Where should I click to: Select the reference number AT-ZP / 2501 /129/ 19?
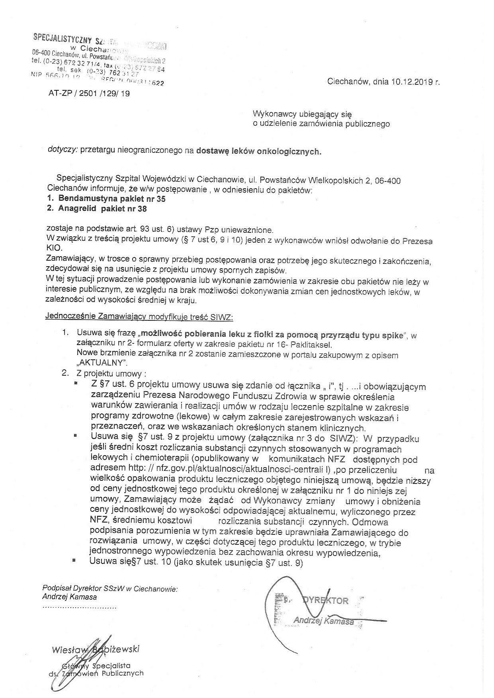[89, 94]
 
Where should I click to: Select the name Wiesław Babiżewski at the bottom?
[95, 650]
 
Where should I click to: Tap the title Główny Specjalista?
[96, 665]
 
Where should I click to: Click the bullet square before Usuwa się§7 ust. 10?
[74, 560]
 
